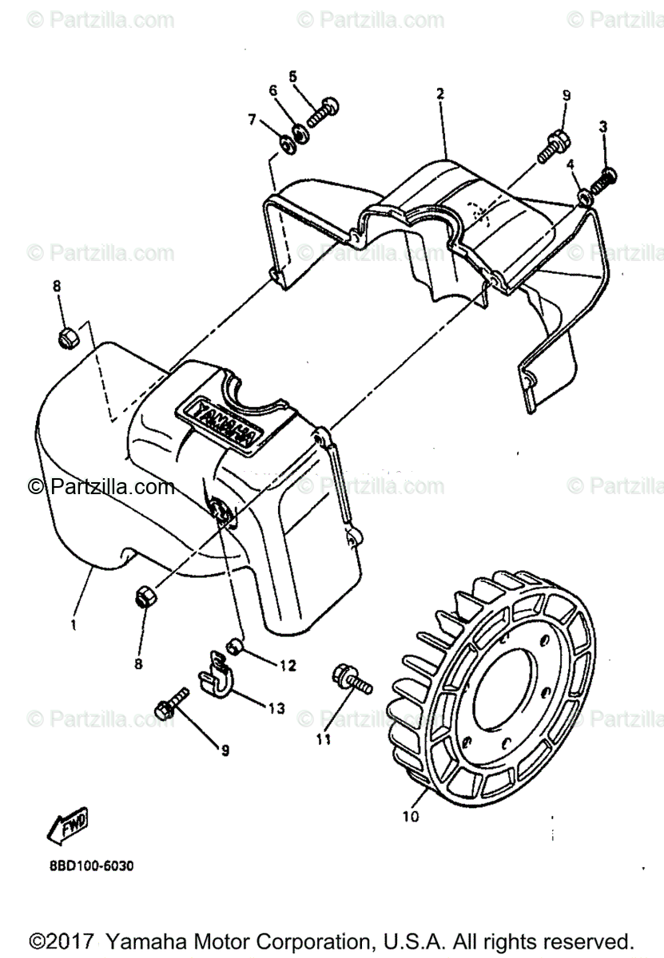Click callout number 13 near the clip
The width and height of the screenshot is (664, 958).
point(276,708)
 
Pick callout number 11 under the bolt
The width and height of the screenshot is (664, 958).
point(322,739)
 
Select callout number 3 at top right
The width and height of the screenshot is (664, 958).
point(603,126)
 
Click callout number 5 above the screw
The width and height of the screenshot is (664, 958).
point(292,77)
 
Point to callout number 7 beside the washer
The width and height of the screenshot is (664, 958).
point(252,120)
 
